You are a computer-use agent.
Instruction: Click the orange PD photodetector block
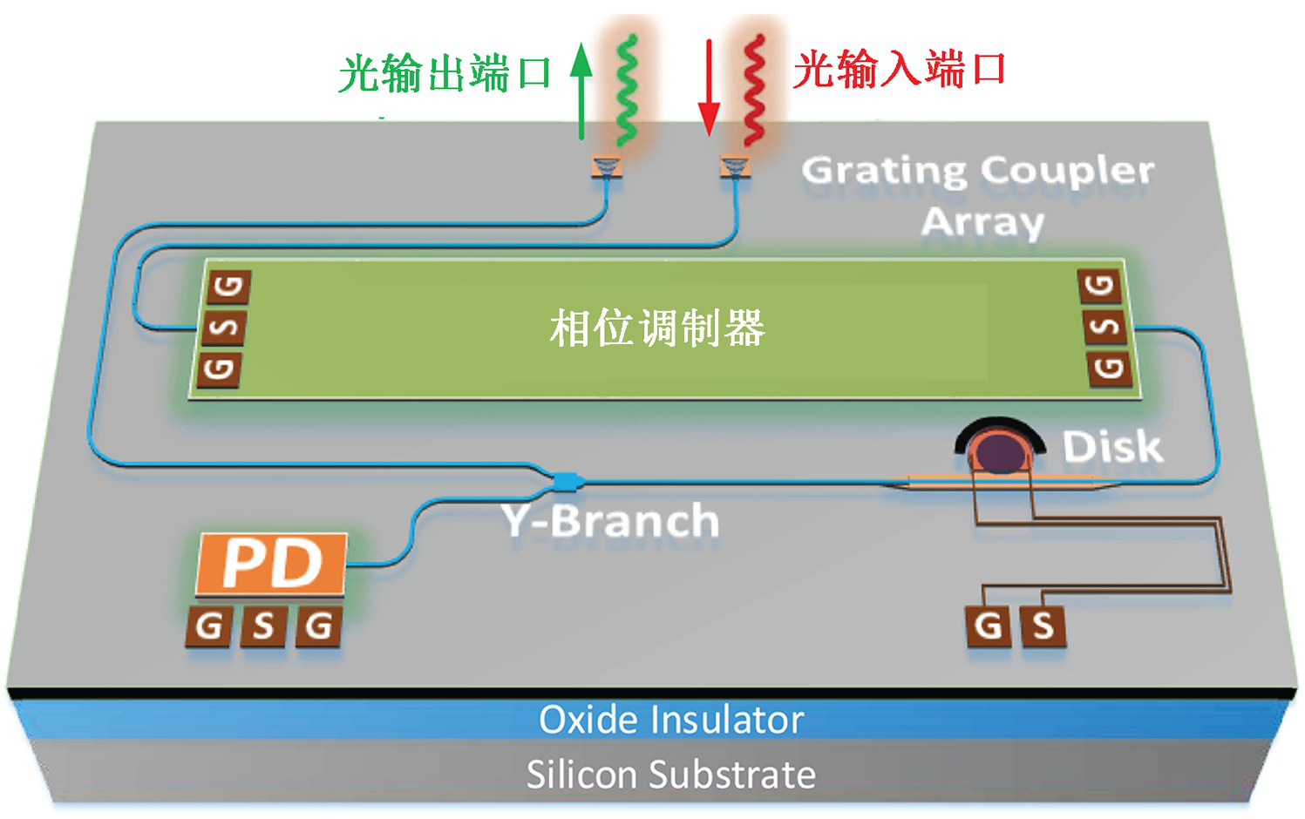click(x=272, y=564)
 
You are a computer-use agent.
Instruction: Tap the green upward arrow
click(x=581, y=91)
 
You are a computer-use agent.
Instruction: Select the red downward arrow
click(x=710, y=87)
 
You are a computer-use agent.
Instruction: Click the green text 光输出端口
click(x=445, y=73)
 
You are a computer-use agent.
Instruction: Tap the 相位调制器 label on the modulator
click(x=657, y=328)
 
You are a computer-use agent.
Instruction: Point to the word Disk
click(x=1112, y=447)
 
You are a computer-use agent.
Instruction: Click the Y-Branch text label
click(x=611, y=521)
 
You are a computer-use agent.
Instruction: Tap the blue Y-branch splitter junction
click(x=567, y=479)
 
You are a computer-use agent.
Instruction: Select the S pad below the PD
click(x=263, y=626)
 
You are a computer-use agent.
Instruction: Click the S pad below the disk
click(x=1043, y=626)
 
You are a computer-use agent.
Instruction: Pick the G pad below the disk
click(x=989, y=626)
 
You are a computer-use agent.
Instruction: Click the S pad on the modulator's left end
click(x=223, y=328)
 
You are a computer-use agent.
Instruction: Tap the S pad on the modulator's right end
click(x=1105, y=328)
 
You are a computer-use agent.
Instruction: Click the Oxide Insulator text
click(x=670, y=720)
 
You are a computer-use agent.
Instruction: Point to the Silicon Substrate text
click(x=670, y=774)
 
